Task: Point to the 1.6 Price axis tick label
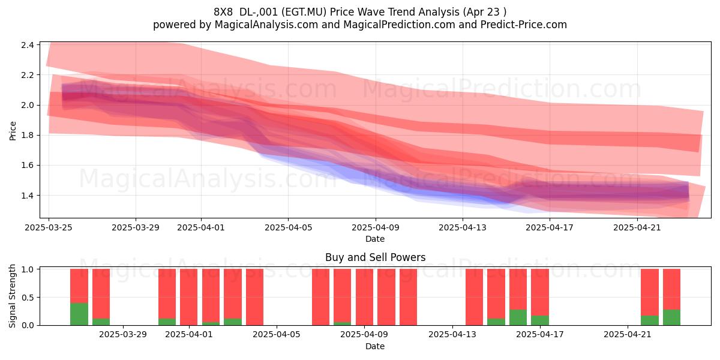pos(28,165)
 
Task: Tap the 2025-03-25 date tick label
pos(49,227)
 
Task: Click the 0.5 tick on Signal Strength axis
pos(28,298)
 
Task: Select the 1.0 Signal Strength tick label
pos(28,269)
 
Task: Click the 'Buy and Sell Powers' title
pos(375,257)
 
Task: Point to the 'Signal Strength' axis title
pos(12,296)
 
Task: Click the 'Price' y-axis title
pos(13,131)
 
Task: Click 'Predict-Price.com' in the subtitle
pos(524,25)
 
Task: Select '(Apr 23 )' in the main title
pos(485,12)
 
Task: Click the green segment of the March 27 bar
pos(79,314)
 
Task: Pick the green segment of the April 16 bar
pos(518,317)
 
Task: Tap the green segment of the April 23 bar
pos(671,317)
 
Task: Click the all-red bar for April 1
pos(188,297)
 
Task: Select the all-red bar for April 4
pos(254,297)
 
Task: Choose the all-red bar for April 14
pos(474,297)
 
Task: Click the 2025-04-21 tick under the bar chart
pos(628,335)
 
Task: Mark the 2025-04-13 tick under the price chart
pos(463,227)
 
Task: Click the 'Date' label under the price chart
pos(375,239)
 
